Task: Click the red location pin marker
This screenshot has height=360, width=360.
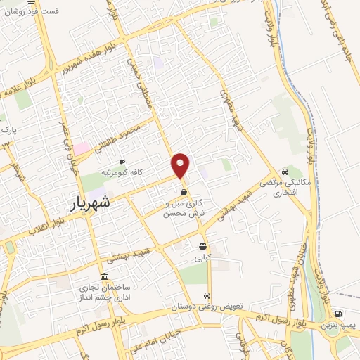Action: pyautogui.click(x=181, y=165)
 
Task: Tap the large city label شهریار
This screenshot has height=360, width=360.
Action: pyautogui.click(x=91, y=203)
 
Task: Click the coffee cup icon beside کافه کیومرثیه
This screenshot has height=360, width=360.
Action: pyautogui.click(x=122, y=162)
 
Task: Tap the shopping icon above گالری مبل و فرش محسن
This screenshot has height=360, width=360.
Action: pyautogui.click(x=184, y=191)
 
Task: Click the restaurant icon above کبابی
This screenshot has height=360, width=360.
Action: pyautogui.click(x=202, y=246)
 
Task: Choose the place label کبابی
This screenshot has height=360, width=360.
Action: pyautogui.click(x=203, y=257)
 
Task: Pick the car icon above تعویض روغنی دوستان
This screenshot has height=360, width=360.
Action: pyautogui.click(x=207, y=295)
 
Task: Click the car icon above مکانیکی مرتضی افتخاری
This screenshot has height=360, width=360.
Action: pyautogui.click(x=284, y=171)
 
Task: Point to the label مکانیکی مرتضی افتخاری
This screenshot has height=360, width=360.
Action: pyautogui.click(x=280, y=187)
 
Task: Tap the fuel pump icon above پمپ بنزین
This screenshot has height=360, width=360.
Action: pyautogui.click(x=340, y=314)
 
